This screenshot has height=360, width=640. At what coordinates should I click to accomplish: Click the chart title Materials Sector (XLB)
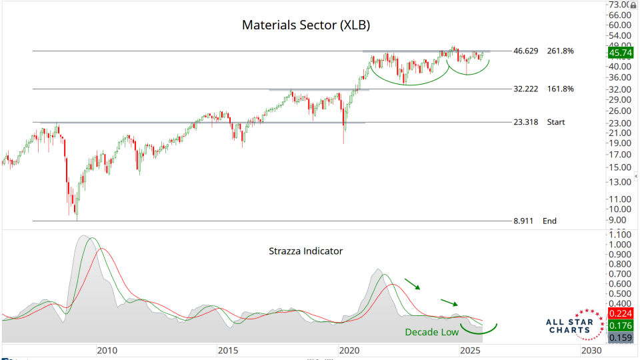point(305,25)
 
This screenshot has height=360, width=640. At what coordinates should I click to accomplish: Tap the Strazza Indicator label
point(305,251)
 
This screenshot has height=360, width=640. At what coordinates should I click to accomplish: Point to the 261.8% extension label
point(560,51)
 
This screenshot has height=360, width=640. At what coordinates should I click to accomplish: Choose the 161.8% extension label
point(560,89)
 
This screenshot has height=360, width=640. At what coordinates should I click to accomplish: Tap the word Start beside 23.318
point(556,122)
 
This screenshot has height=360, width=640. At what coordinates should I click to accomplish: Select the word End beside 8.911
point(549,221)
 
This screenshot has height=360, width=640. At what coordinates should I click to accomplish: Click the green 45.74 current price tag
point(620,51)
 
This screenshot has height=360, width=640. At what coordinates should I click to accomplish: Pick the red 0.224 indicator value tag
point(620,314)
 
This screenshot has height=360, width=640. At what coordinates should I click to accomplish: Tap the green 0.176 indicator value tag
point(620,326)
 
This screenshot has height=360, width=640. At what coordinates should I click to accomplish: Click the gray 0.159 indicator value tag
point(620,338)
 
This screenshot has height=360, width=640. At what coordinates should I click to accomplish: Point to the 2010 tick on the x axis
point(107,351)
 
